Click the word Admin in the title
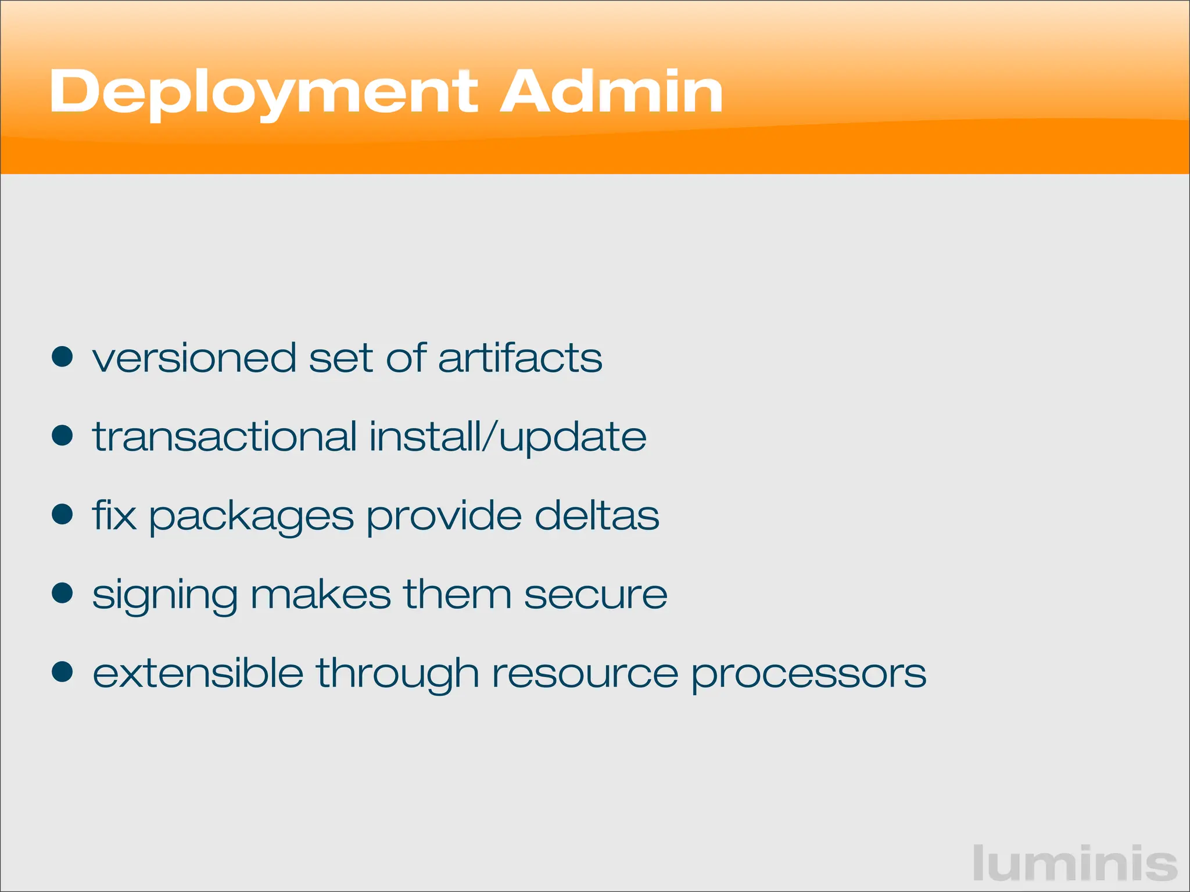click(x=612, y=92)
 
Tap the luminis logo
click(x=1075, y=864)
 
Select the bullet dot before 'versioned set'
click(x=62, y=357)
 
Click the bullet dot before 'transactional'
click(x=62, y=436)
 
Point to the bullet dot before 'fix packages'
click(x=62, y=515)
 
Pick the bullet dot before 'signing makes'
click(x=62, y=594)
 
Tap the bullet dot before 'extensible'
click(x=62, y=672)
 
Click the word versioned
click(x=194, y=358)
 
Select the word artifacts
click(x=520, y=358)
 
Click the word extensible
click(x=198, y=674)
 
